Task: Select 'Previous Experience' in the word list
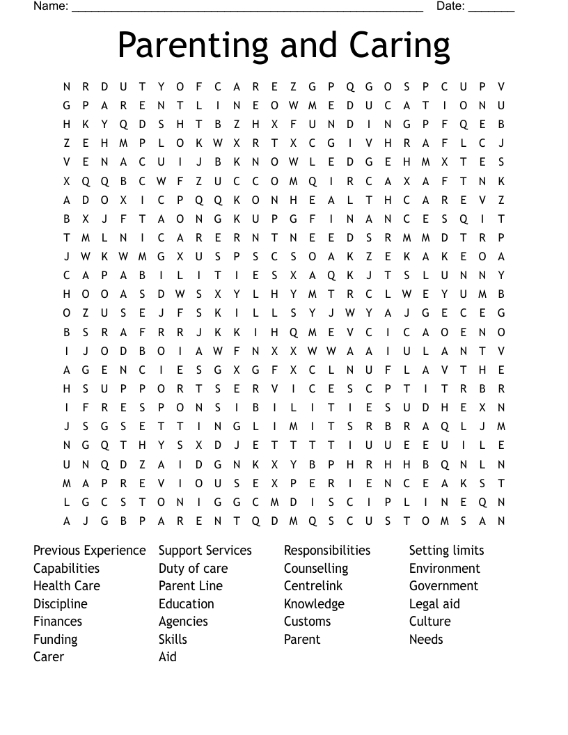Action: coord(90,551)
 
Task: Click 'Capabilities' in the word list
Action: coord(67,569)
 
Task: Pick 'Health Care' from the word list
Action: coord(67,586)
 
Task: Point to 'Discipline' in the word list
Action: coord(61,604)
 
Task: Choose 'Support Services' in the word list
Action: coord(205,551)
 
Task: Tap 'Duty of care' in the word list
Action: coord(193,569)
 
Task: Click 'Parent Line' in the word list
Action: coord(191,586)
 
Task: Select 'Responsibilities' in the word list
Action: coord(327,551)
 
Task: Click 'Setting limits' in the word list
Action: coord(446,551)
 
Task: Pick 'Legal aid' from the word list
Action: coord(434,604)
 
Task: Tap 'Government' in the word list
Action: coord(443,586)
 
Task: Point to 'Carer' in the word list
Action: coord(49,657)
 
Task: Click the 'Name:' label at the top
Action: coord(51,6)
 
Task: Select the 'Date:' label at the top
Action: coord(450,6)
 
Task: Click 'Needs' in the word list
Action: coord(426,640)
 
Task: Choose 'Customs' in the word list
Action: coord(307,622)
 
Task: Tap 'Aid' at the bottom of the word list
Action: coord(168,657)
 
